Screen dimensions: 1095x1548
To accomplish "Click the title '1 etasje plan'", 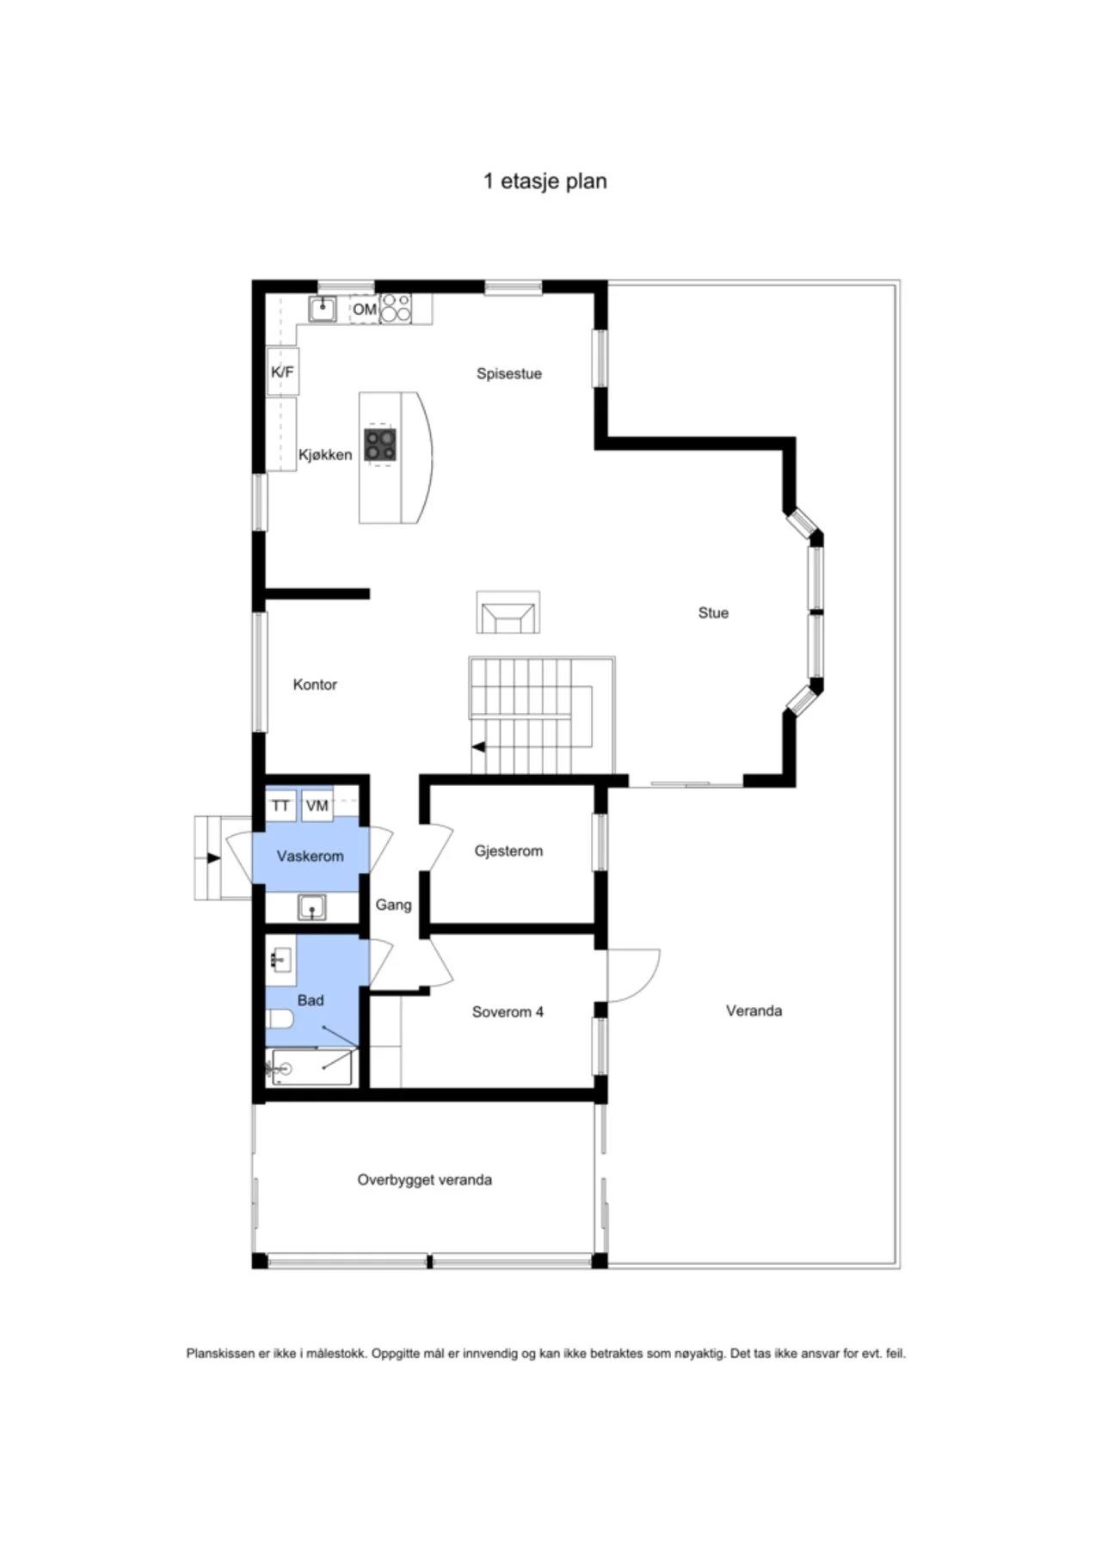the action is point(545,181).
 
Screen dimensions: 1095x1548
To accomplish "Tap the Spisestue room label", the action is point(509,373).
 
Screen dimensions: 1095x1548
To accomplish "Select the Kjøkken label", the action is point(325,455).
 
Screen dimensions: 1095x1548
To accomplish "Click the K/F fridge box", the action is point(282,372).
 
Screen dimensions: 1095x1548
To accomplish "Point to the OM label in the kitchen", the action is point(365,309).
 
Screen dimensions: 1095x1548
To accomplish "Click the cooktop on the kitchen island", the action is point(380,445).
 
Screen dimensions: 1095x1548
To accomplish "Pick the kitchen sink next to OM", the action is point(323,308).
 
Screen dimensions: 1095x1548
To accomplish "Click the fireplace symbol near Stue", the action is point(508,612).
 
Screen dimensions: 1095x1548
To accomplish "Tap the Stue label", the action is point(713,613).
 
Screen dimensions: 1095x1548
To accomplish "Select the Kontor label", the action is point(315,685).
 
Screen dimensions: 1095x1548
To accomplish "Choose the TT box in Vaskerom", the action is point(280,806).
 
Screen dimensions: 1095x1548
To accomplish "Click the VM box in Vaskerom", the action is point(317,806).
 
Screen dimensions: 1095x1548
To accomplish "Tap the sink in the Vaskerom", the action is point(311,906).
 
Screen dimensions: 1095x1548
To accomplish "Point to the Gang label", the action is point(393,905).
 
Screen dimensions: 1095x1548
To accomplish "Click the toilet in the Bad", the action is point(280,1020).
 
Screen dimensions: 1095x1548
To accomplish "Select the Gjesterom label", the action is point(508,851).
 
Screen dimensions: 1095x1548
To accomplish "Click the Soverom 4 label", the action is point(508,1012).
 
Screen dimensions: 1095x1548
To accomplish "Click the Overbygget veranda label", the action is point(425,1180).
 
